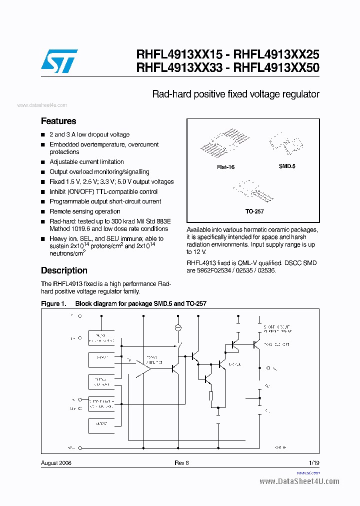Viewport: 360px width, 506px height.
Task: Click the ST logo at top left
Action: coord(59,60)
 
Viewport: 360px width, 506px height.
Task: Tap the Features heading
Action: coord(58,121)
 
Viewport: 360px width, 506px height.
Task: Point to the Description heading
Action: coord(64,270)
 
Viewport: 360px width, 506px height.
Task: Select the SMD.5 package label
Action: coord(287,166)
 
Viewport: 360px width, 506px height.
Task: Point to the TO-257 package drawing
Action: coord(252,191)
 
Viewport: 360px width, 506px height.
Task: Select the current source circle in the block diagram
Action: coord(177,327)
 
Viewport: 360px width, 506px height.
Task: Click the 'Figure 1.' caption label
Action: coord(53,304)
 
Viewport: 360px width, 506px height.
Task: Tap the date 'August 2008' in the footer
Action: coord(56,463)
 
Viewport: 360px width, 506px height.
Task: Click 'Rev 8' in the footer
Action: coord(181,463)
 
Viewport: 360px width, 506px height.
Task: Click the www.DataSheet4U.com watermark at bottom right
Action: coord(299,481)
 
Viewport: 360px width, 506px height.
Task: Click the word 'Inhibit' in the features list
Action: coord(58,192)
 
